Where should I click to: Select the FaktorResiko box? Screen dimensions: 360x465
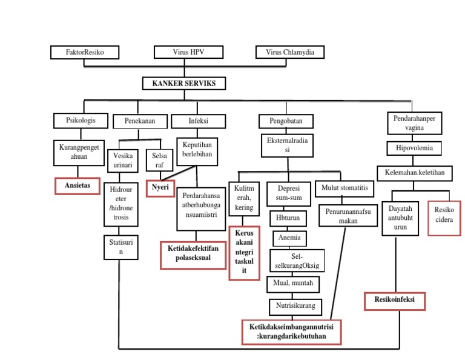click(x=85, y=53)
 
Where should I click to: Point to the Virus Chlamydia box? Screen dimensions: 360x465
click(x=290, y=53)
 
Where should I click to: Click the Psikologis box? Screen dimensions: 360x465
click(x=81, y=121)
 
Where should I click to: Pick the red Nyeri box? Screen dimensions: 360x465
click(x=160, y=188)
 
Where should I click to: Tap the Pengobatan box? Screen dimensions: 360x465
click(x=286, y=121)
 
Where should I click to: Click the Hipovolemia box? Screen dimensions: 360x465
click(x=414, y=148)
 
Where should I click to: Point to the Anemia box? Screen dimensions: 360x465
click(x=289, y=238)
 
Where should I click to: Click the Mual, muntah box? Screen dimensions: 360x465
click(x=292, y=283)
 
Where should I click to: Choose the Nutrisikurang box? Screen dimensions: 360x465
click(x=295, y=306)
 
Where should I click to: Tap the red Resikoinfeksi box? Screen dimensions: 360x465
click(x=395, y=301)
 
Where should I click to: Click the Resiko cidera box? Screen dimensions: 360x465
click(x=444, y=215)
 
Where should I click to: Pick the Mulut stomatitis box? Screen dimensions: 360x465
click(x=345, y=188)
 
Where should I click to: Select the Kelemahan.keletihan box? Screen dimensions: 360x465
click(x=415, y=173)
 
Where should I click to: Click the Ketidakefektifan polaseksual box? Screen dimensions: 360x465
click(x=193, y=254)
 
